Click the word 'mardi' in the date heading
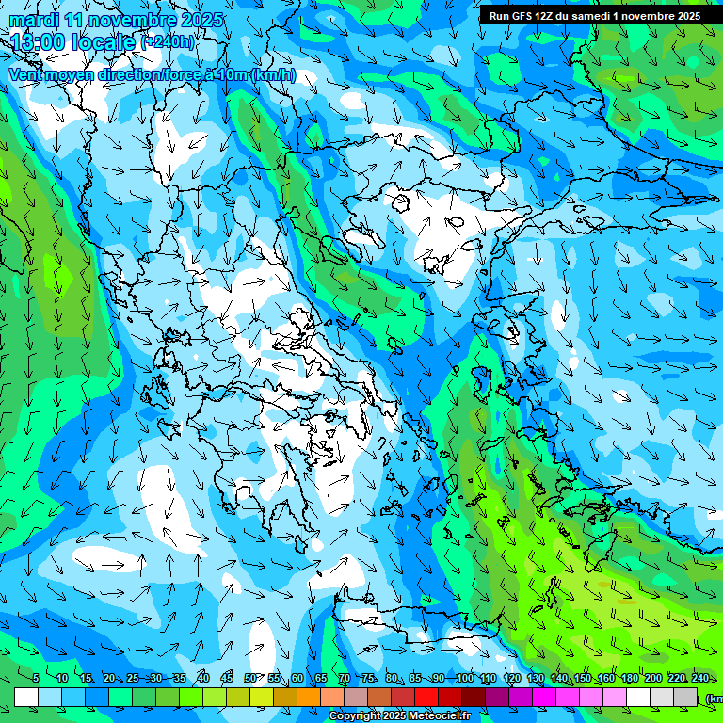click(x=32, y=20)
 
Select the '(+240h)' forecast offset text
click(x=169, y=41)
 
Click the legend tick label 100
click(x=464, y=678)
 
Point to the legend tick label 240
click(x=700, y=678)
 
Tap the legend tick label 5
click(x=36, y=678)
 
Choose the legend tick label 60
click(x=297, y=678)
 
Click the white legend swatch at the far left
click(x=26, y=697)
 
